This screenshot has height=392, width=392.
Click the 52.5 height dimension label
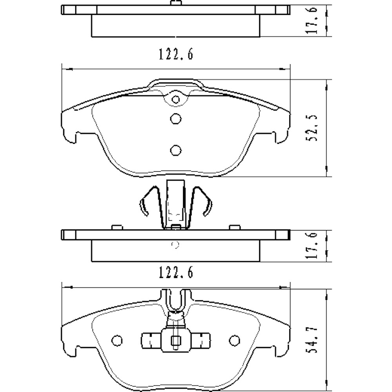(x=312, y=128)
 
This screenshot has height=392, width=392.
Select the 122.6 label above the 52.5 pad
(x=176, y=54)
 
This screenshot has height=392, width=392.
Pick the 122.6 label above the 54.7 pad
(x=176, y=272)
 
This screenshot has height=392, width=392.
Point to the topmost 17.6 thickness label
(x=312, y=20)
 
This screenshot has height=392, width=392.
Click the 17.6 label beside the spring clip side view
(x=312, y=245)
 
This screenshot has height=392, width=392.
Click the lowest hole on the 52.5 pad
(x=176, y=150)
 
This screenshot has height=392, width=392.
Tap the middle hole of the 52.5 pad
(x=176, y=118)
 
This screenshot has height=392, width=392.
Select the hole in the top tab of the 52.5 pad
(x=176, y=100)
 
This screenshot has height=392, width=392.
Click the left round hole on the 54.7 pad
(x=117, y=340)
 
